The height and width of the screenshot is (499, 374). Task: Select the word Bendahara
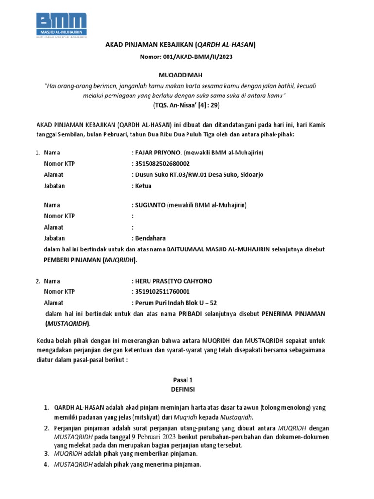tap(150, 238)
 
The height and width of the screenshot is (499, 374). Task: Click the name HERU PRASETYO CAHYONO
tap(173, 281)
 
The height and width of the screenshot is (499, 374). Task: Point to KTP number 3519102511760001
tap(162, 292)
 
